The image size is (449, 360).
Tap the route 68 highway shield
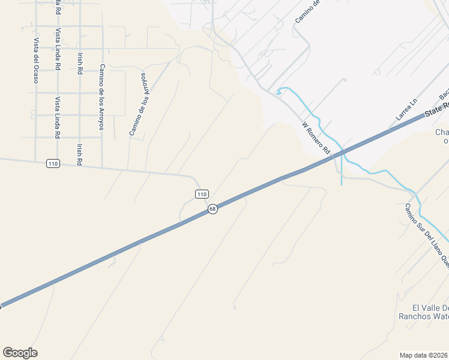tap(212, 209)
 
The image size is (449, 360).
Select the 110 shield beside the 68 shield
tap(202, 194)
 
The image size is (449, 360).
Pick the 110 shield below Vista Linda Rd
tap(53, 164)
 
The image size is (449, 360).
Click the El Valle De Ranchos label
tap(423, 311)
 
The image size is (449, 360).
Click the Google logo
tap(20, 353)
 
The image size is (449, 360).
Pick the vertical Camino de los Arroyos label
tap(102, 97)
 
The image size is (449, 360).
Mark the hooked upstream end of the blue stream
tap(278, 93)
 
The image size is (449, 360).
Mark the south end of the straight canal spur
tap(342, 184)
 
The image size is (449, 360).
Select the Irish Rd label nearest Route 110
tap(79, 154)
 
